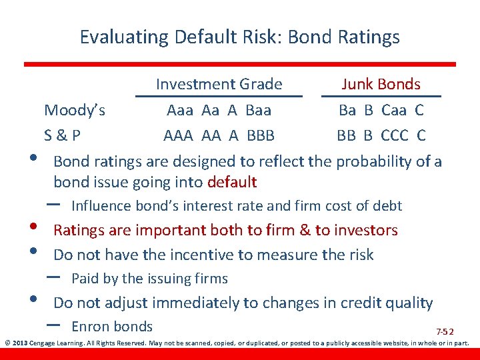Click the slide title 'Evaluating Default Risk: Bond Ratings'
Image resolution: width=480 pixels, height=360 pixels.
click(239, 37)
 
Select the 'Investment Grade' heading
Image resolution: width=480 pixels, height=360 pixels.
click(219, 84)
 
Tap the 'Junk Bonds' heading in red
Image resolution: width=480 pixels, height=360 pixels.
click(381, 84)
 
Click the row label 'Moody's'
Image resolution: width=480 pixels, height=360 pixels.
click(74, 109)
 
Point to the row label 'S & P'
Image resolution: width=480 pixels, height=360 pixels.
click(63, 136)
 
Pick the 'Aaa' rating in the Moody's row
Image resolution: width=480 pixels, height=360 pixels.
click(181, 109)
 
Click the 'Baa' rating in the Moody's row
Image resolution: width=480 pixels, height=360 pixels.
click(258, 109)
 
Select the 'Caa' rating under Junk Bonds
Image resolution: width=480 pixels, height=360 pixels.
click(395, 109)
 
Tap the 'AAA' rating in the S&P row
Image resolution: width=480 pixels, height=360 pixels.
click(179, 136)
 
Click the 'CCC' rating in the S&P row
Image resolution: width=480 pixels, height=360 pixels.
click(395, 136)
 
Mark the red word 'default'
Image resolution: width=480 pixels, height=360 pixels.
click(232, 182)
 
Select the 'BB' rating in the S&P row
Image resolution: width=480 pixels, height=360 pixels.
click(346, 136)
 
